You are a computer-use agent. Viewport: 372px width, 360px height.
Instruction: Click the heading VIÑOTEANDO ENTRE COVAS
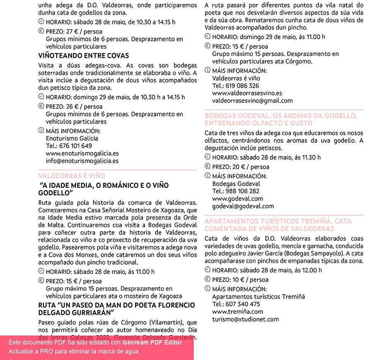pos(83,56)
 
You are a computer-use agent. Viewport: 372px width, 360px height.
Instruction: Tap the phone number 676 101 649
pos(75,146)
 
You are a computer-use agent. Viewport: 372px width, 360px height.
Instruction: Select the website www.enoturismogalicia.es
pos(82,154)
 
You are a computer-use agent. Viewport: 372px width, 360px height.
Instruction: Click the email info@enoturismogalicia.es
pos(82,161)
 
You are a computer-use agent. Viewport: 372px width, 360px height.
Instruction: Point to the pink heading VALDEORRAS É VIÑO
pos(72,176)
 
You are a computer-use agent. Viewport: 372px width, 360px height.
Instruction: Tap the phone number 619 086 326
pos(241,86)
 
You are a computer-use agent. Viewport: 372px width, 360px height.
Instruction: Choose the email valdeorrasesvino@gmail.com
pos(252,101)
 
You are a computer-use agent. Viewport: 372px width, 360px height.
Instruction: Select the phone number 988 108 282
pos(241,191)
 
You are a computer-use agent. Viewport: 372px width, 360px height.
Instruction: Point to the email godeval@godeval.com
pos(243,206)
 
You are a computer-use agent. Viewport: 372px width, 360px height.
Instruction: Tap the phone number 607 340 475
pos(242,304)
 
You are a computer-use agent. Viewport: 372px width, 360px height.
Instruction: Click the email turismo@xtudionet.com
pos(245,319)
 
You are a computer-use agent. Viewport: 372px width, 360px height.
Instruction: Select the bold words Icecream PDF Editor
pos(152,343)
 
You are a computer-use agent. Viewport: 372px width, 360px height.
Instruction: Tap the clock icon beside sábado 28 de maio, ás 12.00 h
pos(207,270)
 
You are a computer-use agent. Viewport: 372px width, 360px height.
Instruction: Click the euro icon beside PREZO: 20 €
pos(207,166)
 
